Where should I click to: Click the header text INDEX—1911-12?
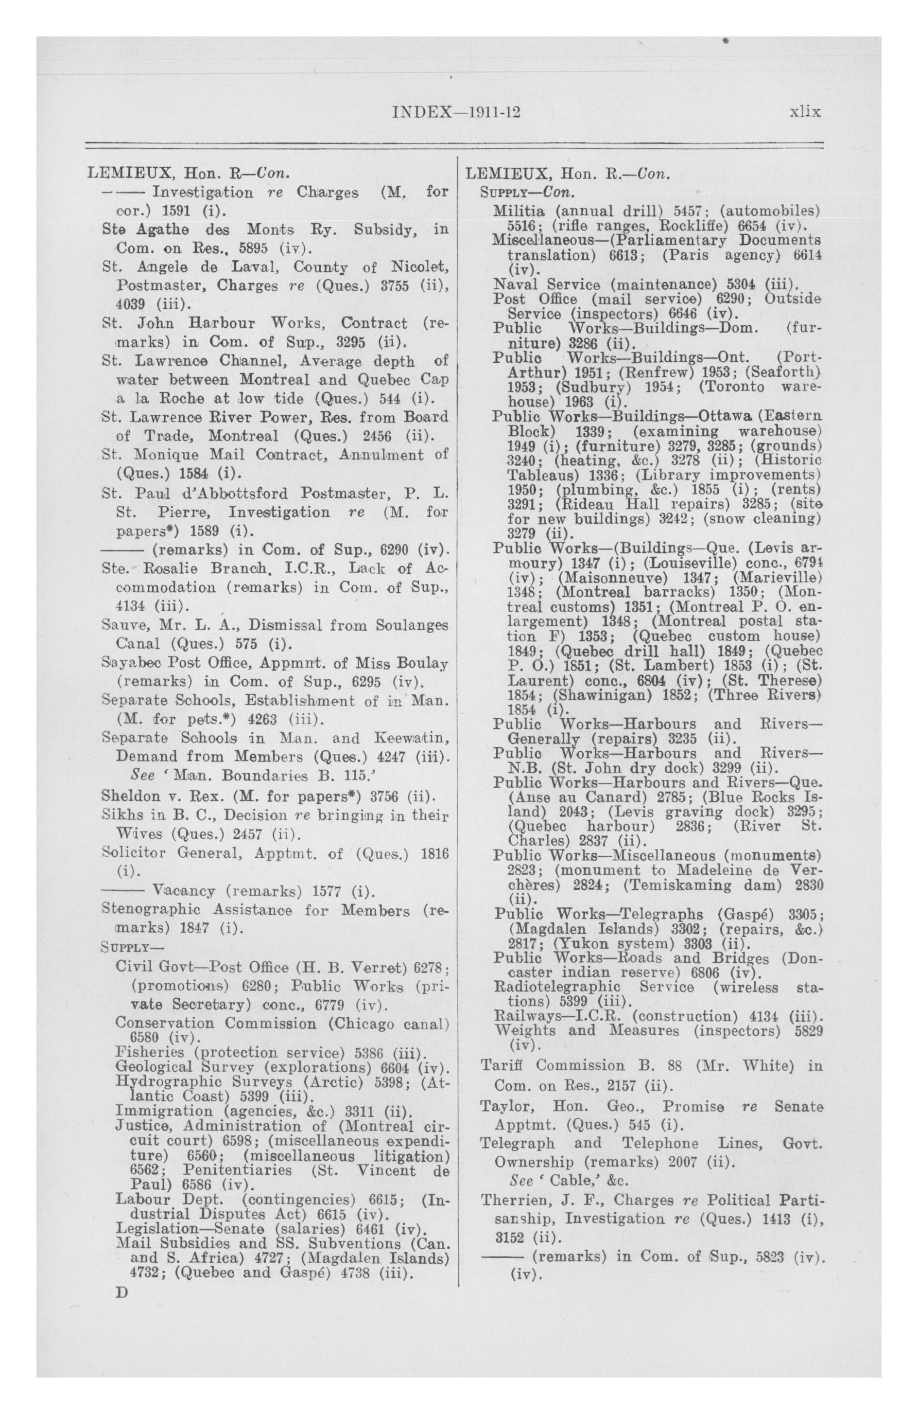[456, 112]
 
